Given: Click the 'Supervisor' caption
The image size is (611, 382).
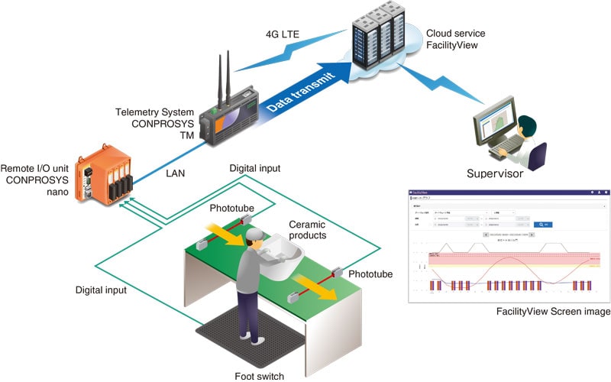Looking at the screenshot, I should coord(495,174).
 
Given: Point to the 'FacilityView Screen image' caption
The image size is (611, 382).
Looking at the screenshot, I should coord(553,312).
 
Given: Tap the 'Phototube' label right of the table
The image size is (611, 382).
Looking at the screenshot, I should coord(370,274).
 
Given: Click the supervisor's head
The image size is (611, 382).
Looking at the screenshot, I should coord(525,125).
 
